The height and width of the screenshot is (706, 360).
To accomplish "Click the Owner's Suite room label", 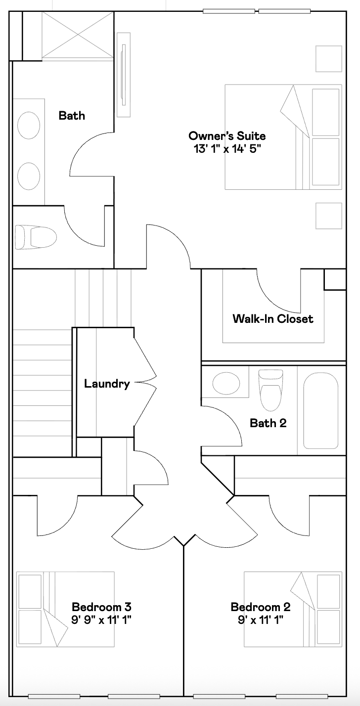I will [227, 136].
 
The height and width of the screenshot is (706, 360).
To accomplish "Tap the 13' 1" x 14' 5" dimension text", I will [227, 148].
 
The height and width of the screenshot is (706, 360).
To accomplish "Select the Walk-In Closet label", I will [273, 319].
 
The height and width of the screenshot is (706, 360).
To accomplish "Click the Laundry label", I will [107, 384].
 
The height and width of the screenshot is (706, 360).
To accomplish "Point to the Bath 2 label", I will [268, 423].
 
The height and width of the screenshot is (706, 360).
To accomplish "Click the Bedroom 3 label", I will [101, 607].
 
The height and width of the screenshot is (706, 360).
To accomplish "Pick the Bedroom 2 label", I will [261, 607].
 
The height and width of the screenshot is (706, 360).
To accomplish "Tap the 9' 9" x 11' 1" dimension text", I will [101, 619].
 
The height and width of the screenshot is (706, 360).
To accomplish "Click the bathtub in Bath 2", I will [320, 410].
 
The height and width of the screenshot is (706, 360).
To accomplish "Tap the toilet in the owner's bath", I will [35, 237].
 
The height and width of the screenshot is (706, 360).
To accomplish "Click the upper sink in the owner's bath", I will [29, 125].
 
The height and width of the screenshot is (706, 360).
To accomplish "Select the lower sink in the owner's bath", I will [29, 176].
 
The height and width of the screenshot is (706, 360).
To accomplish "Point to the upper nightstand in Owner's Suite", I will [329, 59].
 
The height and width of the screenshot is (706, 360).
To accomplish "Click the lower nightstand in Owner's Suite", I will [329, 216].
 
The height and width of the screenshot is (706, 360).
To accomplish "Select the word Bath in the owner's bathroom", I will [72, 116].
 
